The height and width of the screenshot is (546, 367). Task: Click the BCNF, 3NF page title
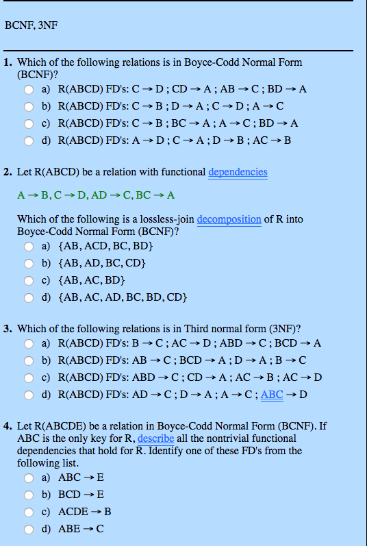(31, 25)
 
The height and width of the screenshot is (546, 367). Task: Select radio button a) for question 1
(29, 90)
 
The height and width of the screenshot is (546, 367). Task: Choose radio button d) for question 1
(29, 141)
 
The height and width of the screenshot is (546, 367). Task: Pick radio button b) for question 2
(29, 263)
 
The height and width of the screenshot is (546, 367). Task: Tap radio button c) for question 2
(29, 280)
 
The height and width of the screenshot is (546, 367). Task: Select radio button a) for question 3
(29, 343)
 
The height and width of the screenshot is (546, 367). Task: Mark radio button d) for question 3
(29, 395)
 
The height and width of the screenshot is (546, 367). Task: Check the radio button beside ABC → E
(29, 478)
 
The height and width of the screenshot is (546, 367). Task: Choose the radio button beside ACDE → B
(29, 512)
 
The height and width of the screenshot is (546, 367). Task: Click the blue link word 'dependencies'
(238, 172)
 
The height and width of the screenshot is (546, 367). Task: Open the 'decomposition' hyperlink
(229, 219)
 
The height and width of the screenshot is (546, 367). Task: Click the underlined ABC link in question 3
(272, 395)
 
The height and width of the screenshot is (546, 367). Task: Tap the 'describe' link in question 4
(155, 438)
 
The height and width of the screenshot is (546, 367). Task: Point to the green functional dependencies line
(96, 195)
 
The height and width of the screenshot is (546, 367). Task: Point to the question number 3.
(7, 329)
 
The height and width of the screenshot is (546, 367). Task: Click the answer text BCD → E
(81, 495)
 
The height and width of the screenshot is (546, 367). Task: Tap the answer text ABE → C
(81, 528)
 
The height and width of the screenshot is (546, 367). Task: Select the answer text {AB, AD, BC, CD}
(103, 263)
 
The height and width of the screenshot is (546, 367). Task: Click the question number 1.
(7, 62)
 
